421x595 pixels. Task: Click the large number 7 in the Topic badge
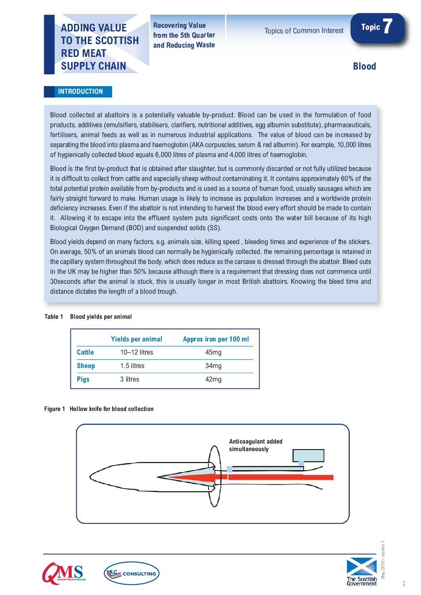click(x=388, y=26)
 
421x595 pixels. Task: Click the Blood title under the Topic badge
click(x=364, y=66)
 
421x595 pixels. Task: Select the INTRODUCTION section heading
click(x=80, y=91)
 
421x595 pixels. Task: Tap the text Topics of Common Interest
click(x=304, y=31)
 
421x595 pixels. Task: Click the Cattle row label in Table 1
click(x=85, y=352)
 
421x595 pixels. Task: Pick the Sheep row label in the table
click(x=86, y=366)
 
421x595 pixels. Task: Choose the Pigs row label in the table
click(x=83, y=379)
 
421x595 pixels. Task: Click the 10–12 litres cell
click(x=136, y=352)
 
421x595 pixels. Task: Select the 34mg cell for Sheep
click(x=213, y=366)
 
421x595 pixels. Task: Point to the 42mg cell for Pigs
click(x=213, y=379)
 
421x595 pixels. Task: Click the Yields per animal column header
click(x=136, y=339)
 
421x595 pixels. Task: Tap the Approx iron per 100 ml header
click(x=216, y=339)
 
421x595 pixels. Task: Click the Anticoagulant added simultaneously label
click(x=255, y=445)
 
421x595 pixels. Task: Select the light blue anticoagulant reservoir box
click(x=308, y=455)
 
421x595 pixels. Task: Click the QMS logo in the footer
click(x=64, y=573)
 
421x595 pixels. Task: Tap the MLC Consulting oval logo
click(x=131, y=573)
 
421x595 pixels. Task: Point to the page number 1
click(x=404, y=583)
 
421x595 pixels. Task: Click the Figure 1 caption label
click(x=99, y=409)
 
